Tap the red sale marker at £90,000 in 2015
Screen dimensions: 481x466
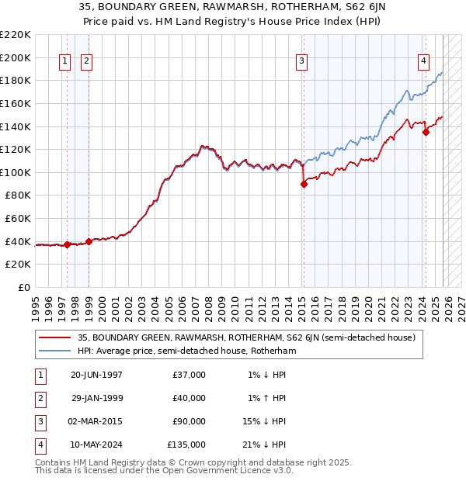click(x=304, y=184)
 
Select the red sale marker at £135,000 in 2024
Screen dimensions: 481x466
click(x=426, y=132)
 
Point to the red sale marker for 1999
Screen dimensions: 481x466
click(x=89, y=241)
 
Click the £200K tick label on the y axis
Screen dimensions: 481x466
click(x=16, y=57)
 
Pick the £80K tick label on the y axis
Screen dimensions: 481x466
click(x=19, y=196)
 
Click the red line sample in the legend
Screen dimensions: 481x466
click(x=55, y=337)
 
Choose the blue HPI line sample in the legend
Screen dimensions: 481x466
click(x=55, y=351)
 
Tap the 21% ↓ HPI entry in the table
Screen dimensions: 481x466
click(x=263, y=445)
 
